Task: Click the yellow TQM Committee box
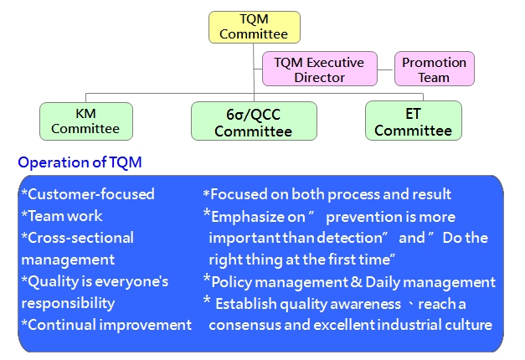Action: tap(254, 26)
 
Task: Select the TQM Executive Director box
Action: tap(319, 69)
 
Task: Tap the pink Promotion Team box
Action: tap(434, 69)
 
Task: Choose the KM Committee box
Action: tap(85, 121)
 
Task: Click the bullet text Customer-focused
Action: tap(90, 194)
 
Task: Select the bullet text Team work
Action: tap(64, 216)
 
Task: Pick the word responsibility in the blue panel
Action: tap(68, 303)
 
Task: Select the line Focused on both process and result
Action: tap(330, 194)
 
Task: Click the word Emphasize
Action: tap(247, 216)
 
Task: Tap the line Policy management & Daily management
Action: tap(353, 281)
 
